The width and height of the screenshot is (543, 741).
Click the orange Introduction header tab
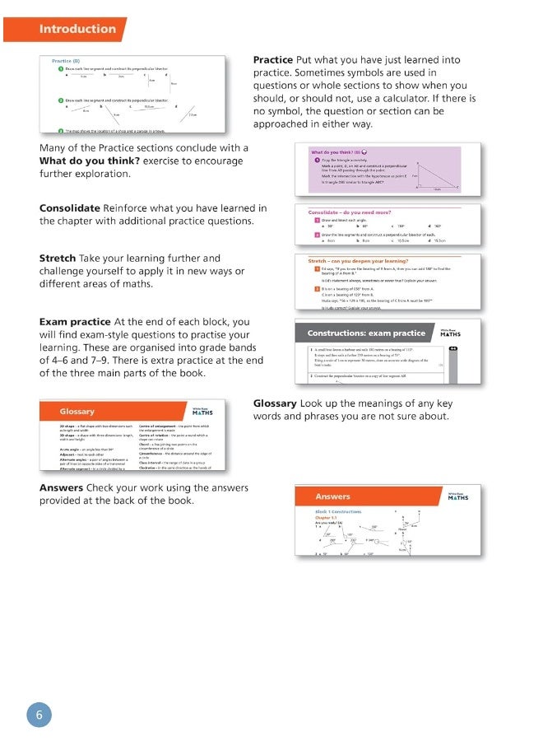(77, 29)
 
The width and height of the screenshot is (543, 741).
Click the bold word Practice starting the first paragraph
(272, 60)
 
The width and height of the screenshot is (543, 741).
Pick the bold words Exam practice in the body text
(75, 321)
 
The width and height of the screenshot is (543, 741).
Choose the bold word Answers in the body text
(61, 487)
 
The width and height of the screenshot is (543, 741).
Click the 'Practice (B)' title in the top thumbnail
(66, 61)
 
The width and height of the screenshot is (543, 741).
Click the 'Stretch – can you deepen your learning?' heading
(359, 261)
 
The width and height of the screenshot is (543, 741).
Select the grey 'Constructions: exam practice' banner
(366, 333)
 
